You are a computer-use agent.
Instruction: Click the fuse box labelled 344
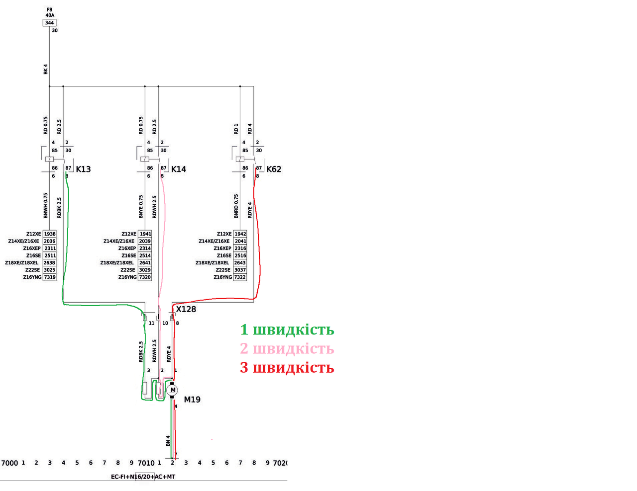coord(50,23)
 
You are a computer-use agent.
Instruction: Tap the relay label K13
coord(83,169)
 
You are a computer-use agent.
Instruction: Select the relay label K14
coord(179,169)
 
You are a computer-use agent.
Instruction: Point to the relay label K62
coord(274,169)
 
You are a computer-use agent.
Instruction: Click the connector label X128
coord(186,309)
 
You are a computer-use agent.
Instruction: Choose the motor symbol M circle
coord(173,390)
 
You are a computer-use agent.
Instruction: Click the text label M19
coord(192,400)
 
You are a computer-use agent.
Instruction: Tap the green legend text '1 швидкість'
coord(287,330)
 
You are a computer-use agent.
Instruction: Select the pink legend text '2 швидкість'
coord(287,349)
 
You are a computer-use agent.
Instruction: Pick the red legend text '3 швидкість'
coord(287,368)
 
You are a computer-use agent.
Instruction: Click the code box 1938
coord(50,234)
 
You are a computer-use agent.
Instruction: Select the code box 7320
coord(145,277)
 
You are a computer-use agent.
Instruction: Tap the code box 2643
coord(240,263)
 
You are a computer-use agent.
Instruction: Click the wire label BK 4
coord(45,69)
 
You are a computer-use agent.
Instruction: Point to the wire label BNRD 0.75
coord(236,206)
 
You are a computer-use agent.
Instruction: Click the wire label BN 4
coord(168,440)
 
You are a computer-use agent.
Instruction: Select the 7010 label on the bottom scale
coord(146,463)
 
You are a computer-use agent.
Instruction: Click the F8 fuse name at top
coord(50,9)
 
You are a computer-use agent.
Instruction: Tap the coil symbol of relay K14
coord(145,159)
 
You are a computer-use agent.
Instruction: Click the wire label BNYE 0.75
coord(141,206)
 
